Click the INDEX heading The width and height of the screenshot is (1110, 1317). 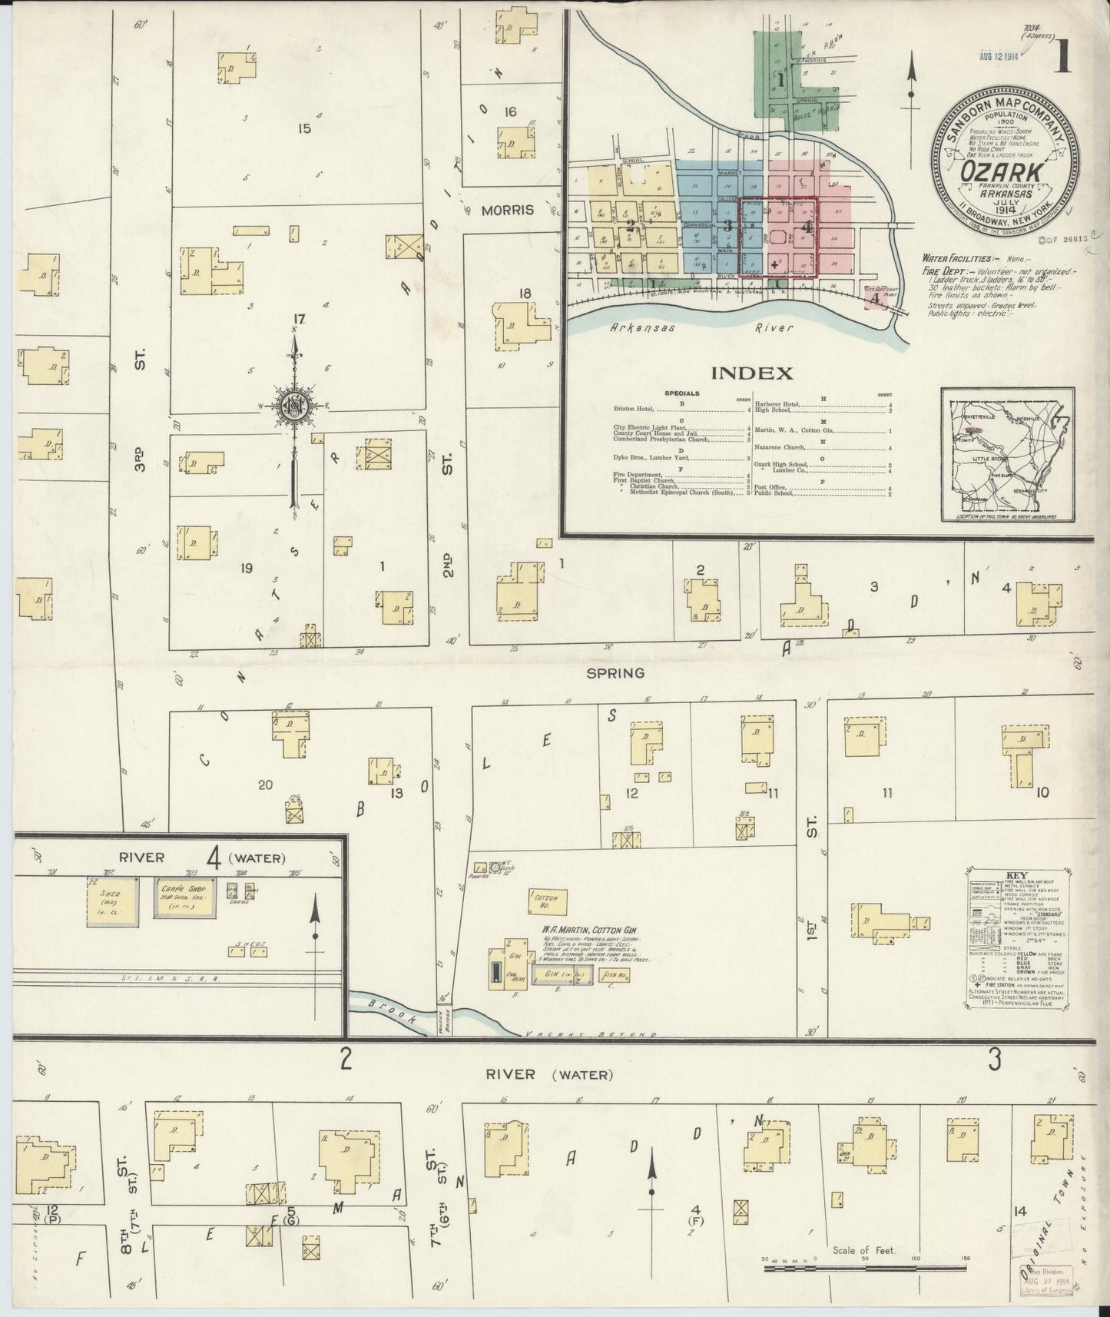751,373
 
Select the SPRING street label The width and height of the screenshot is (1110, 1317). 625,673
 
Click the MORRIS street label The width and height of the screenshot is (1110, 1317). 507,210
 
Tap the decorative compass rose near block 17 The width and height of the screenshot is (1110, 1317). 293,406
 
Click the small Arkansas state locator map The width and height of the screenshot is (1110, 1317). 1007,454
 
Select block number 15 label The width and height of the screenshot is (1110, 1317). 304,128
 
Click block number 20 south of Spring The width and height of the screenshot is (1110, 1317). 265,785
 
